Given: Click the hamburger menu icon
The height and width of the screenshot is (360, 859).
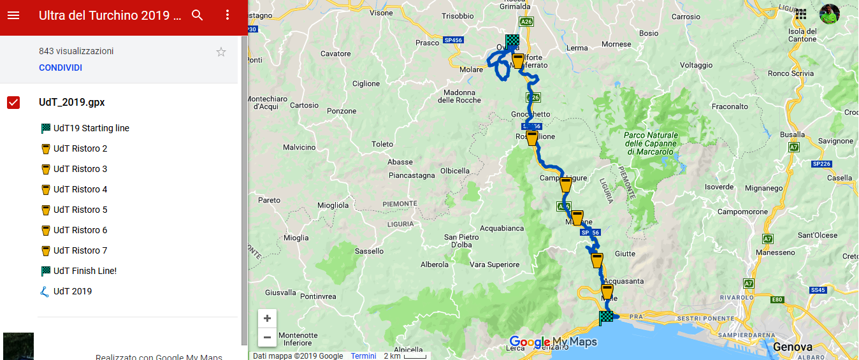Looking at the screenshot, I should click(x=13, y=15).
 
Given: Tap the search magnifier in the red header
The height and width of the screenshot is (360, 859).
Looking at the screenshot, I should click(x=198, y=15).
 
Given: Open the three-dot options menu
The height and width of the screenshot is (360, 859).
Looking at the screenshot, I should click(x=227, y=15).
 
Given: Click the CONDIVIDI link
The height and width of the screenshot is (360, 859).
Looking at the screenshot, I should click(x=61, y=68).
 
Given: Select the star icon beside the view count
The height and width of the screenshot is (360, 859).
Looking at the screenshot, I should click(x=221, y=52).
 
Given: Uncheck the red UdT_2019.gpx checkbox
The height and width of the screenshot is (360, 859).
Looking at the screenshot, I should click(x=13, y=103).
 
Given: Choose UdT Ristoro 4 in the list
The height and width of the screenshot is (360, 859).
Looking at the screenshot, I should click(x=80, y=189).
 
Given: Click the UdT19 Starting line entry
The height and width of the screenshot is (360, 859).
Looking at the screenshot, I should click(x=91, y=128).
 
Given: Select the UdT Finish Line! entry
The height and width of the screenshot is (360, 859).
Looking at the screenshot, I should click(x=85, y=271).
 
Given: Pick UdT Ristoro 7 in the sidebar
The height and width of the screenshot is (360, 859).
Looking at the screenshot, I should click(x=80, y=250).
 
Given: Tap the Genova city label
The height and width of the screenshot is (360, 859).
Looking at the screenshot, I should click(x=792, y=347).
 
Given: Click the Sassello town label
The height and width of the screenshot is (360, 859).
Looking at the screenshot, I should click(x=370, y=251).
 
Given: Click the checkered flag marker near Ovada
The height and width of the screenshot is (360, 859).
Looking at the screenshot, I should click(x=512, y=41).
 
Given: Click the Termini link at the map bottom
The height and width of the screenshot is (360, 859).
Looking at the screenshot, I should click(x=363, y=356).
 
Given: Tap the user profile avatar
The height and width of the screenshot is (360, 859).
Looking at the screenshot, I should click(x=829, y=14).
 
